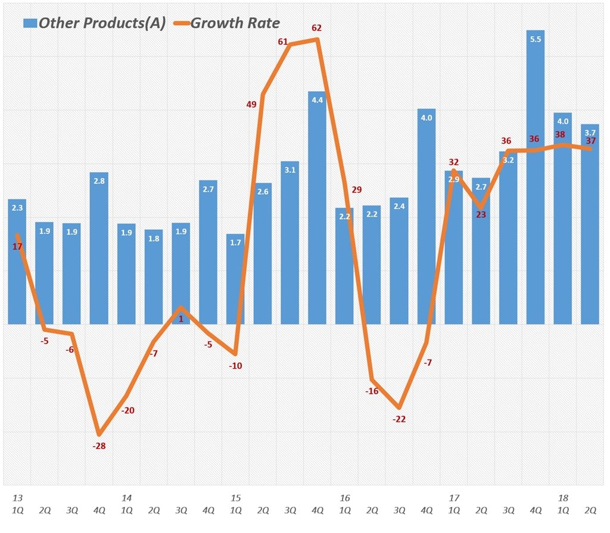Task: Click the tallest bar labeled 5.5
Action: pos(535,179)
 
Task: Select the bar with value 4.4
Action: pos(317,208)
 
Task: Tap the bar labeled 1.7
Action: pos(235,280)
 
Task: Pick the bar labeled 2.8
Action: pos(99,250)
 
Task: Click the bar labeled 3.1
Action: pos(290,244)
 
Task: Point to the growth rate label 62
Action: pos(317,27)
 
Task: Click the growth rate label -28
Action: pos(99,446)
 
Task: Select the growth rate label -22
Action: pos(399,419)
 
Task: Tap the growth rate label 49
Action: pos(251,104)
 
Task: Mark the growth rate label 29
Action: pos(357,190)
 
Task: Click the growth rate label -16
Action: pos(372,391)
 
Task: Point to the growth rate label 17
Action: pos(17,246)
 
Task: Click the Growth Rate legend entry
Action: pos(226,23)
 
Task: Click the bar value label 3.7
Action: pos(590,133)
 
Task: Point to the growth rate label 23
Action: pos(481,214)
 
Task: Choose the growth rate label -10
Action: pos(235,366)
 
